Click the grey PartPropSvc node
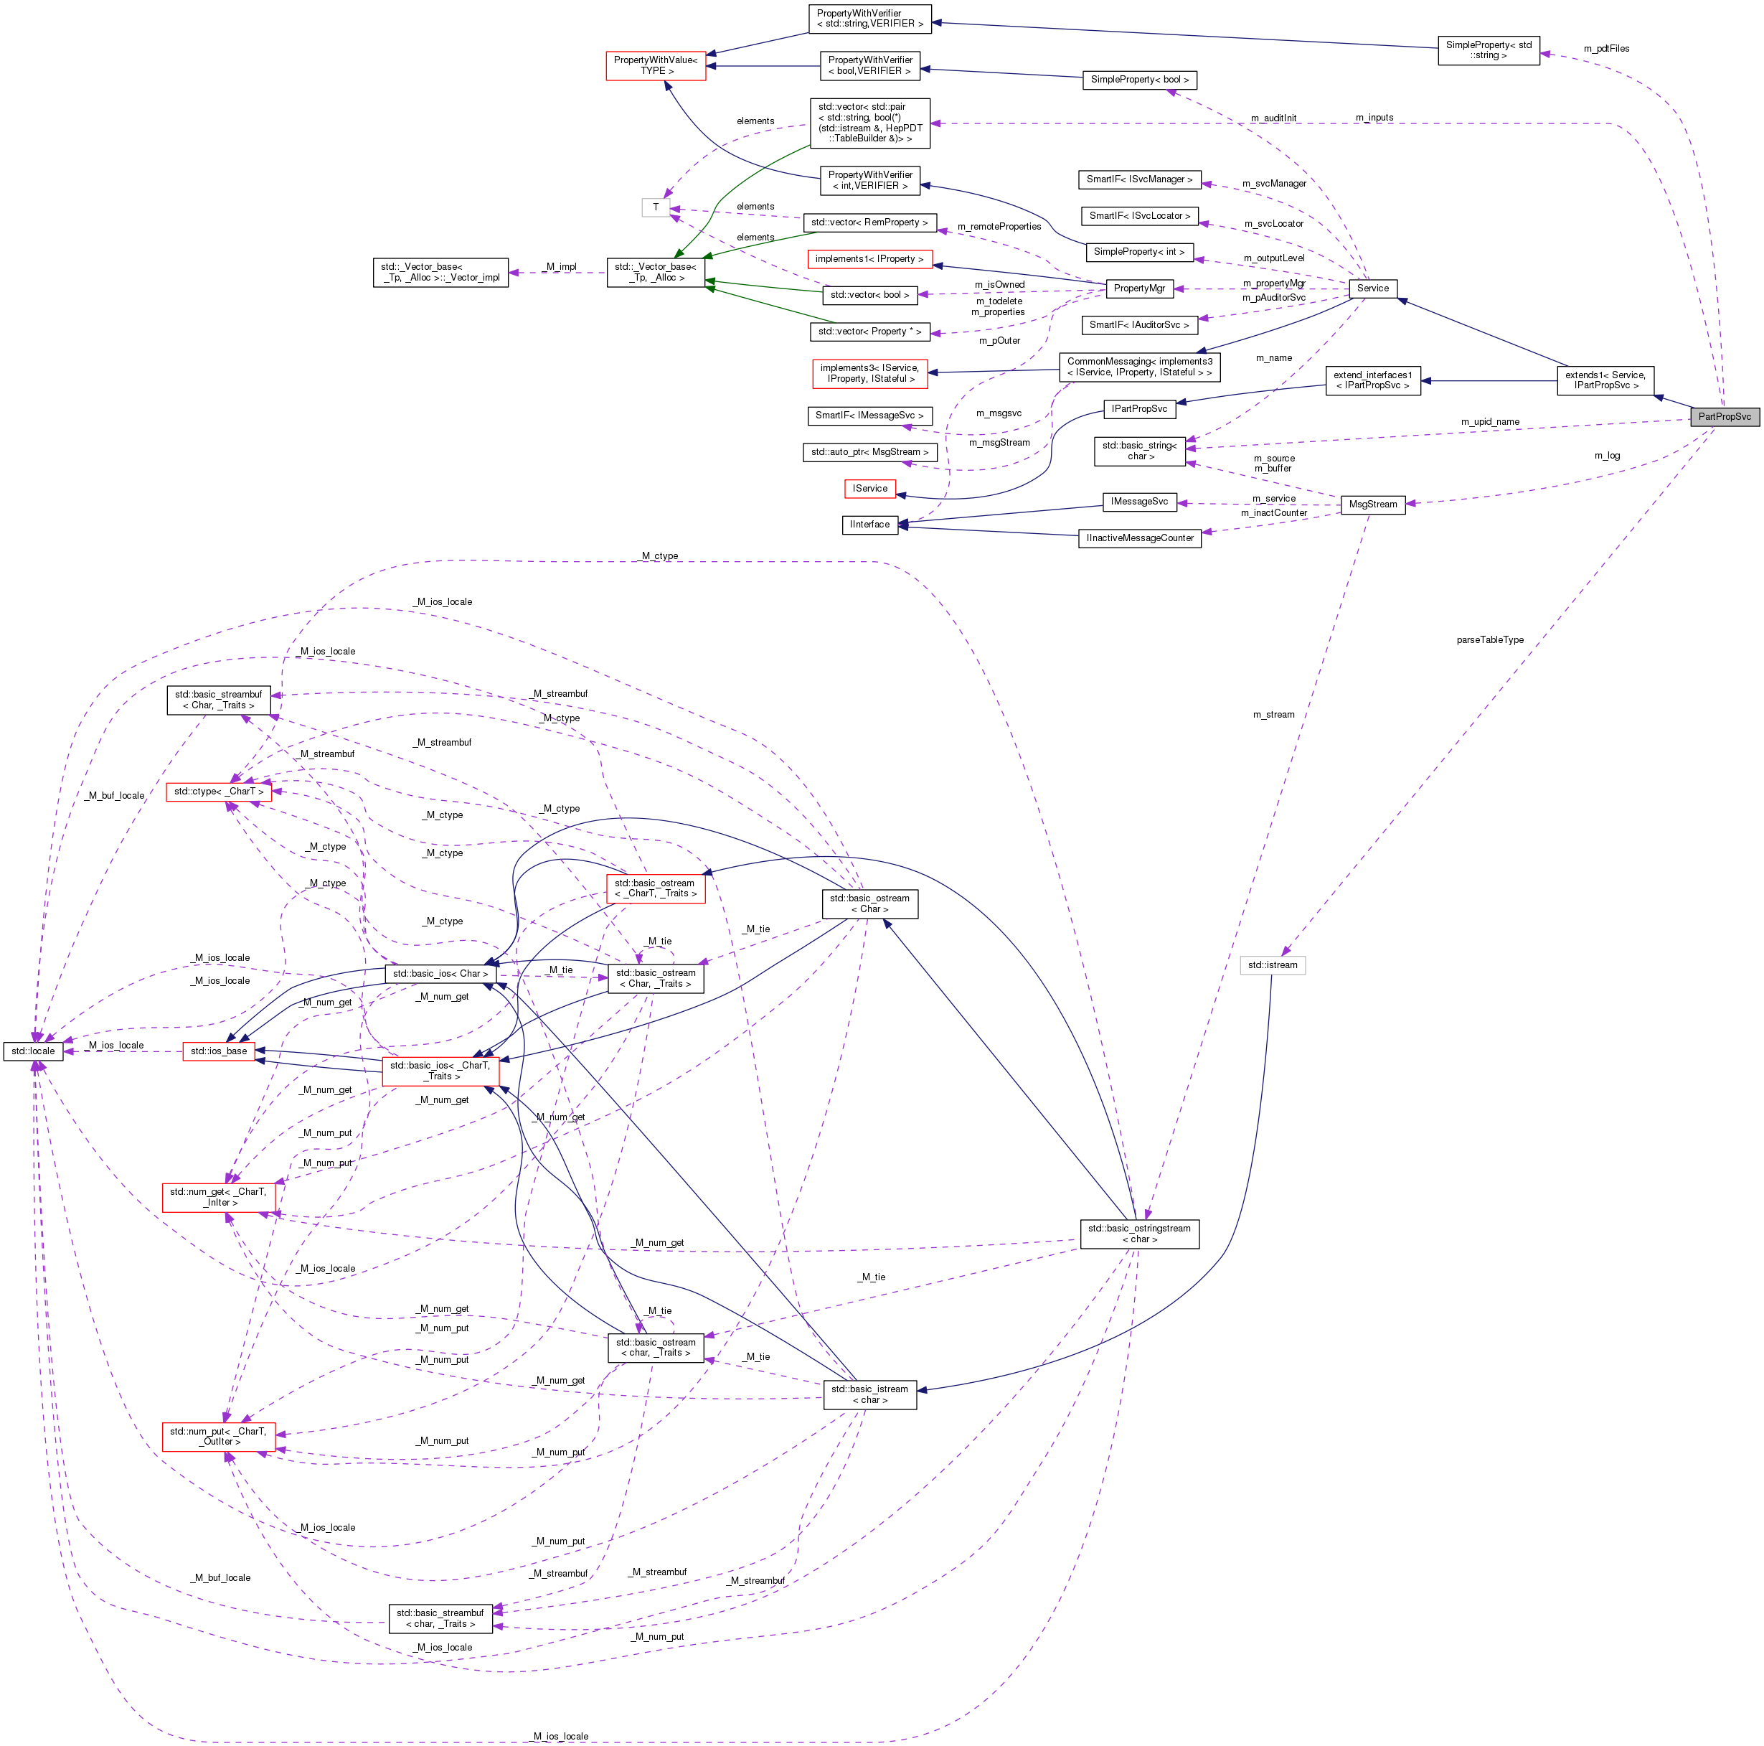[1724, 416]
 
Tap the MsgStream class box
[1372, 504]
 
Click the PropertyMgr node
[1138, 288]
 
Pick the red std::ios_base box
[218, 1051]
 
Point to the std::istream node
[1272, 965]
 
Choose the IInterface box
[869, 524]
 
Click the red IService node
[869, 489]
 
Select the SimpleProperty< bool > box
[1138, 80]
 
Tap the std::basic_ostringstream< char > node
[1138, 1234]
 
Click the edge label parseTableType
[1489, 640]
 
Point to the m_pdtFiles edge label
[1606, 48]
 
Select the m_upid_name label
[1489, 422]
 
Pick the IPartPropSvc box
[1138, 408]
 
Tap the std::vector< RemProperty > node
[869, 222]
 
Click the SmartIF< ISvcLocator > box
[1138, 215]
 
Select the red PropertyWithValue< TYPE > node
[656, 66]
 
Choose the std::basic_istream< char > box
[869, 1394]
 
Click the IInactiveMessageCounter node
[1138, 538]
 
